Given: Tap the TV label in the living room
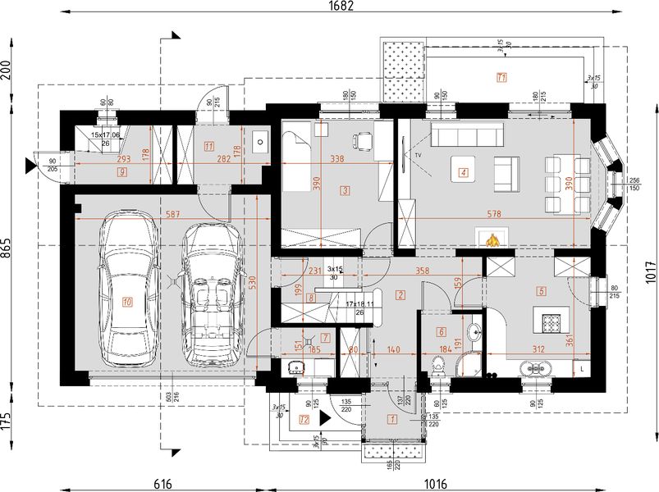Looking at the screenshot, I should click(x=417, y=154).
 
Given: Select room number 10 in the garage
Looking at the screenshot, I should click(x=127, y=302).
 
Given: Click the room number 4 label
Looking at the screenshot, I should click(x=464, y=173).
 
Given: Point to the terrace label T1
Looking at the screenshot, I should click(x=501, y=77).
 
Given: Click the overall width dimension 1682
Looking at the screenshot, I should click(x=341, y=7).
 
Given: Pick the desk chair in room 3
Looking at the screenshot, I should click(x=362, y=140).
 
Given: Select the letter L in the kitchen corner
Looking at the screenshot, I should click(x=583, y=370).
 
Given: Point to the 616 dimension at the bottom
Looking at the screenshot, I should click(x=162, y=485).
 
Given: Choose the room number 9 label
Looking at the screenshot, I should click(x=121, y=172).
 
